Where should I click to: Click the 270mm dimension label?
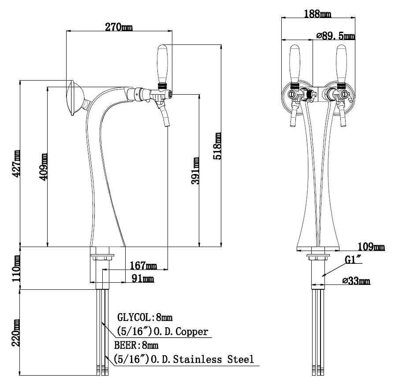(x=119, y=27)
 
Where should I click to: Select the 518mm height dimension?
(x=217, y=146)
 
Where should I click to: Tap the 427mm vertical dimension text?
(x=16, y=164)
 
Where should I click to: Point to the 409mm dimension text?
(x=43, y=167)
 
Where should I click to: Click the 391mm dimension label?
(x=195, y=171)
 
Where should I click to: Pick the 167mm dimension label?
(x=143, y=266)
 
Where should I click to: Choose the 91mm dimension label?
(x=143, y=278)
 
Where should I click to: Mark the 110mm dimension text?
(x=16, y=269)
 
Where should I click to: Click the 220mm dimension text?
(x=16, y=333)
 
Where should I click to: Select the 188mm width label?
(x=318, y=14)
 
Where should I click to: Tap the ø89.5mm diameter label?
(x=336, y=36)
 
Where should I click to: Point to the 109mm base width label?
(x=371, y=247)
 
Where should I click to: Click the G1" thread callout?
(x=353, y=260)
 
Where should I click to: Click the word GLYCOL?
(x=134, y=318)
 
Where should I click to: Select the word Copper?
(x=192, y=332)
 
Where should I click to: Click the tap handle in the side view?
(x=162, y=64)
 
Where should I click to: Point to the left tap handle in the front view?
(x=295, y=64)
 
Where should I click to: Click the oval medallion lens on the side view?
(x=74, y=98)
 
